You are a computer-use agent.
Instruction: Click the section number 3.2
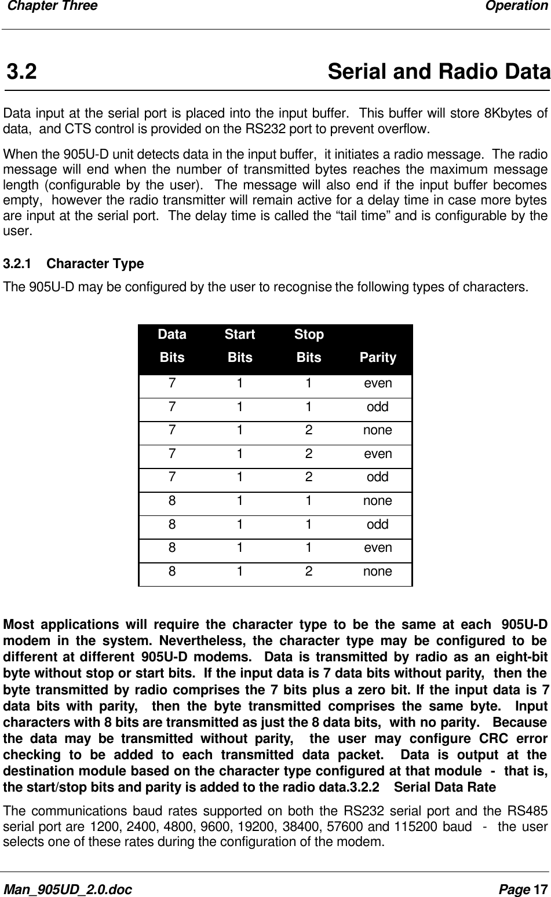(x=22, y=73)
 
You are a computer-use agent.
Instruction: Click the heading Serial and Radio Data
(x=438, y=73)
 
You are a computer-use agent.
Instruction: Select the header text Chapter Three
(x=50, y=6)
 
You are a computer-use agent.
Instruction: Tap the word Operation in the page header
(x=516, y=6)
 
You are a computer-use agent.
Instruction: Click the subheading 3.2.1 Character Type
(x=74, y=264)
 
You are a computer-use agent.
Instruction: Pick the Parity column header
(x=378, y=357)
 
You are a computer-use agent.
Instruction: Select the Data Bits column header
(x=172, y=346)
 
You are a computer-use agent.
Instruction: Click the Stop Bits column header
(x=309, y=346)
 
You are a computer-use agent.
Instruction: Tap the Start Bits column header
(x=240, y=346)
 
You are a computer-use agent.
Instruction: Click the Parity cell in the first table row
(x=378, y=383)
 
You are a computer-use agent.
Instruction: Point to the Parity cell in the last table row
(x=378, y=572)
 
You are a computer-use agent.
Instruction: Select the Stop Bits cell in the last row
(x=309, y=572)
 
